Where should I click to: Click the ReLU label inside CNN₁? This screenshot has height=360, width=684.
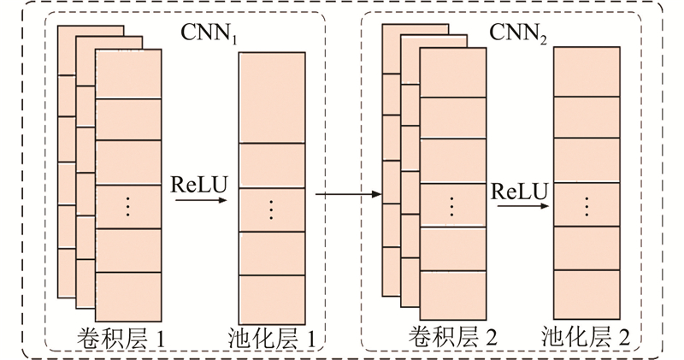click(200, 186)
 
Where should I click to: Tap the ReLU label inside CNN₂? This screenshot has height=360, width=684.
click(519, 190)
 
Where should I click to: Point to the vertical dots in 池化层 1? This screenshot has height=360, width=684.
click(273, 209)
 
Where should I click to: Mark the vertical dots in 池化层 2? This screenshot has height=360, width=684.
click(587, 205)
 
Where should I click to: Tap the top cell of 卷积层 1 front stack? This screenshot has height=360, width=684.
click(128, 74)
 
